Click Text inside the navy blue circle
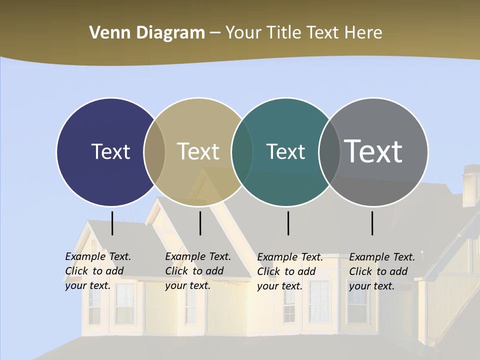click(x=110, y=151)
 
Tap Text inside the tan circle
click(x=198, y=151)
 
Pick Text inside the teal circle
click(x=285, y=151)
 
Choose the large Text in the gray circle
click(x=373, y=151)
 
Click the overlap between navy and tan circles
click(x=154, y=151)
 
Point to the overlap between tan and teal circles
click(x=242, y=151)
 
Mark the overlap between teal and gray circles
click(x=329, y=151)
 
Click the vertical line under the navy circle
click(x=112, y=223)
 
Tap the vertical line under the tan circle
click(x=200, y=223)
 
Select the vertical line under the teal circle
click(x=288, y=223)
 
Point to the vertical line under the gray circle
click(x=372, y=223)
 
